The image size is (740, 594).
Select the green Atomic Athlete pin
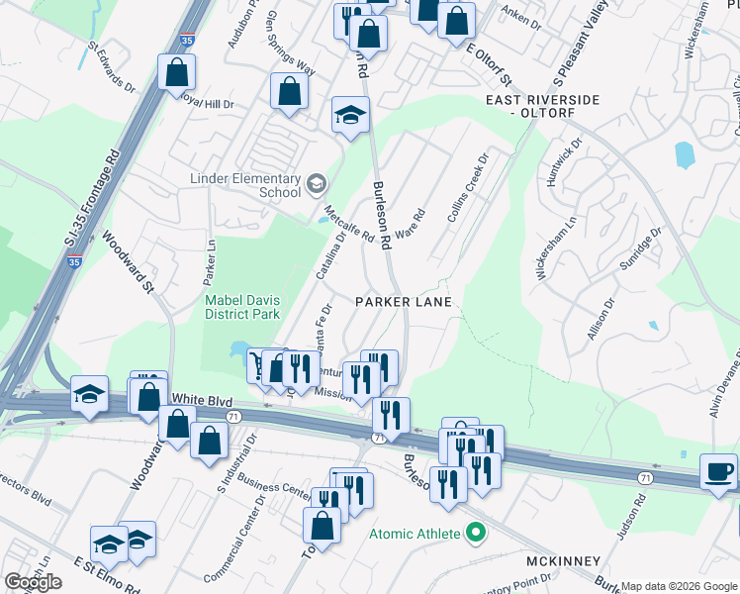[476, 535]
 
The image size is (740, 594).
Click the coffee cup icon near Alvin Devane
[718, 470]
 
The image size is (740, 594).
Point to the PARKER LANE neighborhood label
[404, 301]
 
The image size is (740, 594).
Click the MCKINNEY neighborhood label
[564, 561]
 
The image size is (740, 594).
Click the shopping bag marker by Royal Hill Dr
[176, 71]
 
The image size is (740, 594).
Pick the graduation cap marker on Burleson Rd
[350, 116]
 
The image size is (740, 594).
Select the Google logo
[34, 582]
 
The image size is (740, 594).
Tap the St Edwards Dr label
[111, 66]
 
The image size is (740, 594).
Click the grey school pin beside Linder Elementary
[316, 182]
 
